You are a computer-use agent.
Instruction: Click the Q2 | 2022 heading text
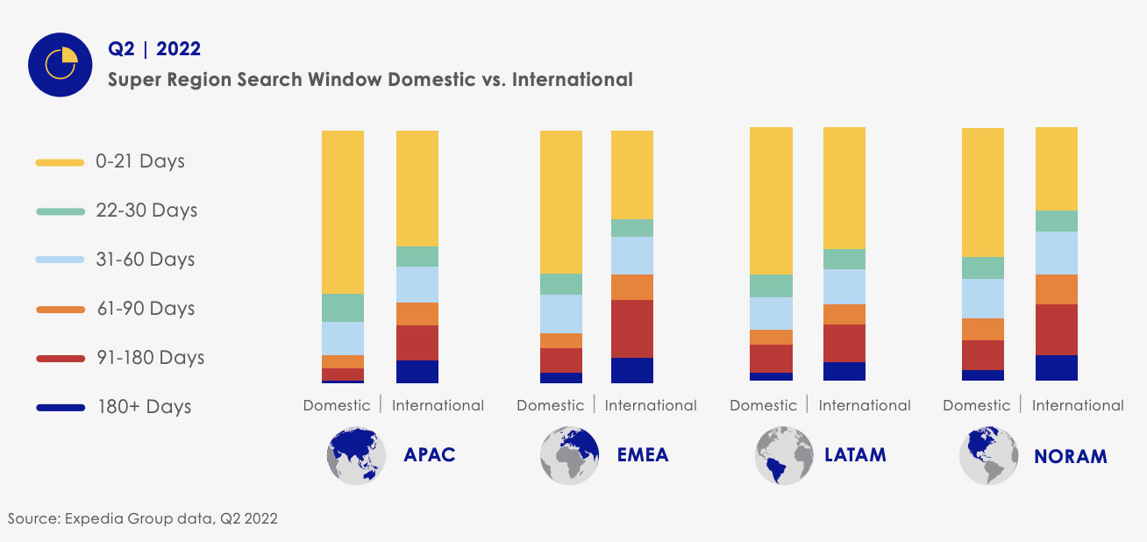pos(153,48)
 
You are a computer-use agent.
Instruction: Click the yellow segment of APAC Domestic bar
pos(343,211)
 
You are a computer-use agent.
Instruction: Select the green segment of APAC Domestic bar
pos(343,308)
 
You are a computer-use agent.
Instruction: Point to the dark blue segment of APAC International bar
pos(417,371)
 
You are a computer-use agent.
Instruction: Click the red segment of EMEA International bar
pos(631,329)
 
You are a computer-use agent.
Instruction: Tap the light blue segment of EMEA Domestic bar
pos(561,314)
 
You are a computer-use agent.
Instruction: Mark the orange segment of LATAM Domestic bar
pos(771,337)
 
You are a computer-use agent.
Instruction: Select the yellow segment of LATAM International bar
pos(844,188)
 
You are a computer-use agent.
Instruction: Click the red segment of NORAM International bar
pos(1057,330)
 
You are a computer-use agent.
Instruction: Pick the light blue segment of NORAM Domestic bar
pos(983,298)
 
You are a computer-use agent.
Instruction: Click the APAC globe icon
pos(356,455)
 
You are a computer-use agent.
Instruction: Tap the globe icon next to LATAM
pos(783,455)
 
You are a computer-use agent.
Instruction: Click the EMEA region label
pos(642,454)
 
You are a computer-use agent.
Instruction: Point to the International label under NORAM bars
pos(1077,405)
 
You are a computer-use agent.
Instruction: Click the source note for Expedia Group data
pos(143,518)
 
